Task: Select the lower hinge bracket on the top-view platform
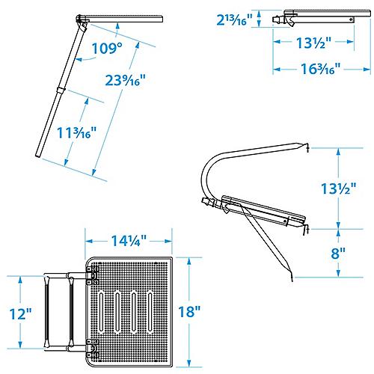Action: pos(91,346)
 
